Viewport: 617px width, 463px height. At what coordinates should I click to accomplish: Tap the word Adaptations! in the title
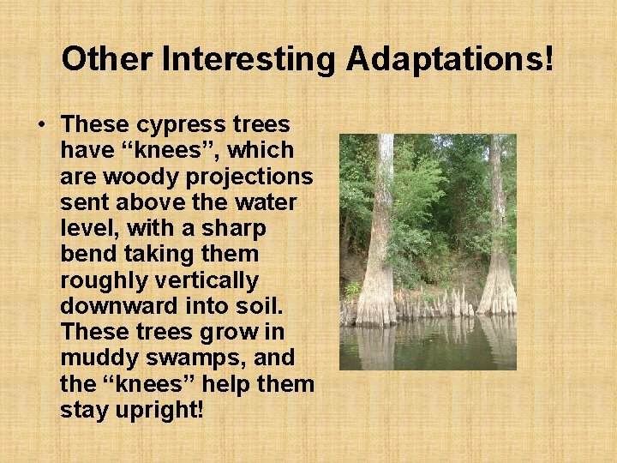[450, 59]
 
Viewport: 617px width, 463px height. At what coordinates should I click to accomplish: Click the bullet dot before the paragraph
[42, 125]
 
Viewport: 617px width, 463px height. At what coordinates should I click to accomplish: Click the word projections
[248, 176]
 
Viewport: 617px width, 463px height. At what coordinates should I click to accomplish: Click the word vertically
[214, 280]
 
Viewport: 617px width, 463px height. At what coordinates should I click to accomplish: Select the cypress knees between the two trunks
[437, 304]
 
